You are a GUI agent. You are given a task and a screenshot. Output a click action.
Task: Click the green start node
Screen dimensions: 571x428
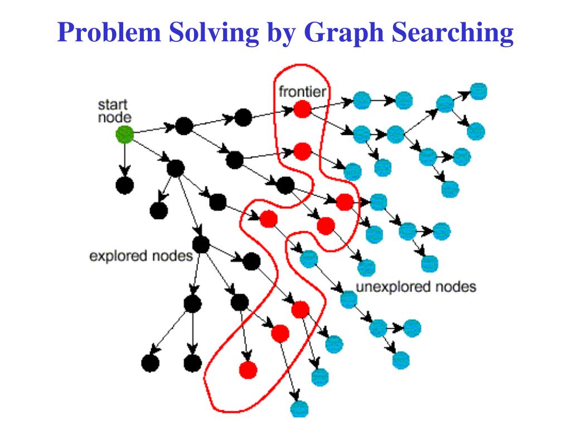coord(124,134)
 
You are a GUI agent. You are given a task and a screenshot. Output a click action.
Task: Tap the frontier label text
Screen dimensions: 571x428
coord(303,91)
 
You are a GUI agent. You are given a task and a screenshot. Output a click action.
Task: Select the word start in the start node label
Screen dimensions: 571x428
coord(113,105)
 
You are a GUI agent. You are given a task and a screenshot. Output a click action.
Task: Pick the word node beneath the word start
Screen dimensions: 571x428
coord(114,117)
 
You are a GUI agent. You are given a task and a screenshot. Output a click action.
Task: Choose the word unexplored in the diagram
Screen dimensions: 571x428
coord(393,287)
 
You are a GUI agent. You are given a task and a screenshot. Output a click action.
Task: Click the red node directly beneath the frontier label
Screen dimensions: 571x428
coord(302,109)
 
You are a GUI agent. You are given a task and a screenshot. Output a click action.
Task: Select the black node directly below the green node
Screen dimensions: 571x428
coord(124,186)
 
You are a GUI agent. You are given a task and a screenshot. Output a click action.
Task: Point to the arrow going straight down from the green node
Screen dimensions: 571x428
coord(124,161)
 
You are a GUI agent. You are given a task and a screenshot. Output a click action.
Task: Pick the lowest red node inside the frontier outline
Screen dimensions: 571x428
coord(247,369)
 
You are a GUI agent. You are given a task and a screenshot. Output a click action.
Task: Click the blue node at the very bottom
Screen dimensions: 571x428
coord(299,408)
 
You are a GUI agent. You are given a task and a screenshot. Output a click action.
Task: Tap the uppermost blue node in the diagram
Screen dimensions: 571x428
coord(478,91)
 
